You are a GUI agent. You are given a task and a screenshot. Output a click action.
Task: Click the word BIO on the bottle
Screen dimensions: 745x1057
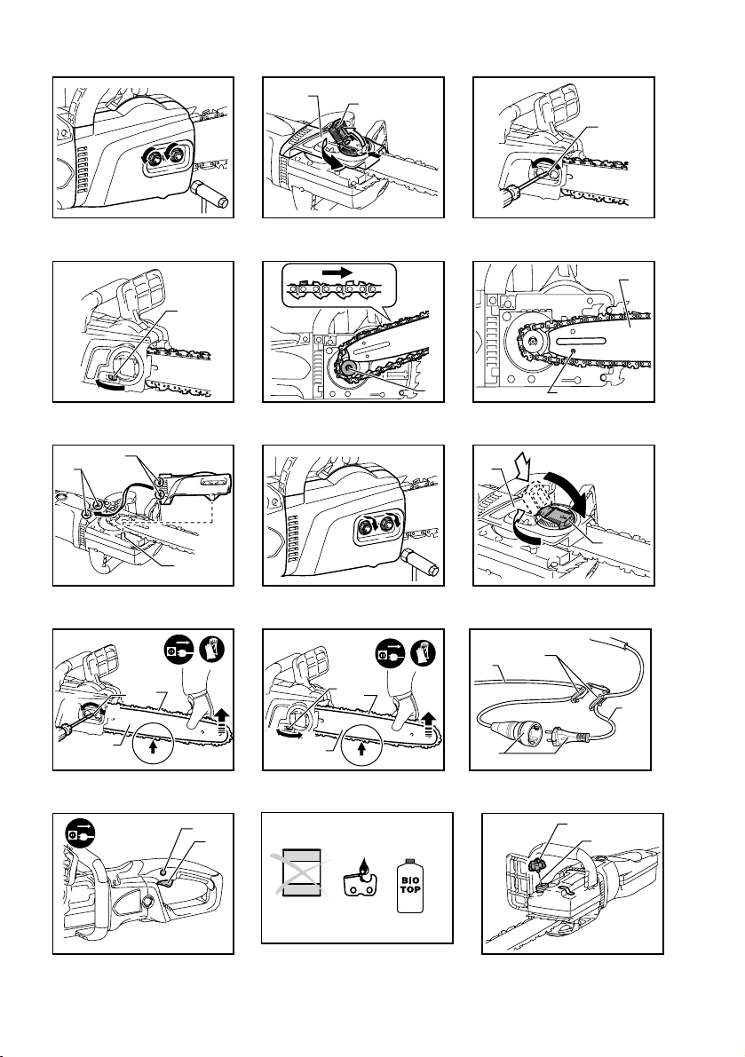click(x=410, y=880)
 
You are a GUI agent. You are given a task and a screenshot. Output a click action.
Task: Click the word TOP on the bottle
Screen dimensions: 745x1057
click(x=410, y=889)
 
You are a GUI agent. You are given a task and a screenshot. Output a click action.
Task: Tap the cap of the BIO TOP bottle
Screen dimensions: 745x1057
click(x=410, y=860)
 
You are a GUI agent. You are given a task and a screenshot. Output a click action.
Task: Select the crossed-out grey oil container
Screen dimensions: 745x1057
click(x=301, y=873)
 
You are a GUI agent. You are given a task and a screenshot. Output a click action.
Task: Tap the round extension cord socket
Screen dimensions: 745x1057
click(x=522, y=730)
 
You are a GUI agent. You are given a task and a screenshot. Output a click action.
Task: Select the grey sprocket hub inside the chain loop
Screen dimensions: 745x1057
click(x=351, y=367)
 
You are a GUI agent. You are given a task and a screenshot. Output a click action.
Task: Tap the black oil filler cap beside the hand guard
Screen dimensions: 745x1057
click(x=536, y=862)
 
